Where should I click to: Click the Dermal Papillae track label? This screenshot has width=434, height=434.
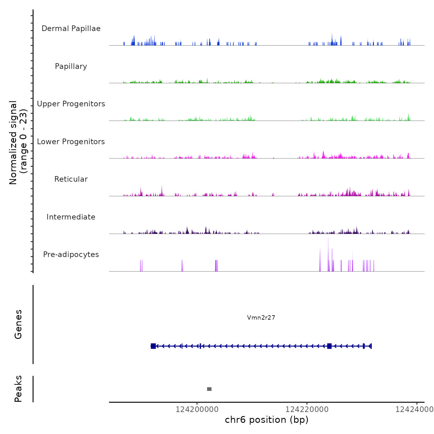point(71,29)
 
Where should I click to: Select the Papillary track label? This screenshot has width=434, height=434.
point(71,66)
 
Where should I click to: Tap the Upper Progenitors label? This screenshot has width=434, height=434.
point(71,104)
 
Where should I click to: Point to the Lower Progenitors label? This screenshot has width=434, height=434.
point(71,142)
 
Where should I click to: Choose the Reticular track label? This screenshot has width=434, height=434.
point(71,179)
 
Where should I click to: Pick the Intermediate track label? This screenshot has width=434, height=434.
point(71,217)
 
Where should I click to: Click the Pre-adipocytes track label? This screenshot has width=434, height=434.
point(71,255)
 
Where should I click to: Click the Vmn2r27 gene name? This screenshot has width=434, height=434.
point(261,317)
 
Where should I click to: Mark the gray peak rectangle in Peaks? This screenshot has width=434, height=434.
point(209,389)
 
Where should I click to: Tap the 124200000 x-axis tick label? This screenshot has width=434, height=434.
point(197,410)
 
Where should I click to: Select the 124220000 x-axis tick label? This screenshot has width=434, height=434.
point(307,410)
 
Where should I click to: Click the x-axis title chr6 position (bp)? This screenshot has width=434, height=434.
point(267,420)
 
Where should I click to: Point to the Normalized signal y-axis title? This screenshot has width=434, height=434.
point(18,143)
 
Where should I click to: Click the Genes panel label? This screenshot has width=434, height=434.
point(18,324)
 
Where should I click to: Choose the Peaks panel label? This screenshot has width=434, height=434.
point(18,389)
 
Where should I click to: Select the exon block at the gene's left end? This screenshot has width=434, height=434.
point(153,346)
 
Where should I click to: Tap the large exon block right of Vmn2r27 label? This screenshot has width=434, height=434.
point(329,346)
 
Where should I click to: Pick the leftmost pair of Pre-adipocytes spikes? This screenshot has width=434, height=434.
point(141,266)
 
